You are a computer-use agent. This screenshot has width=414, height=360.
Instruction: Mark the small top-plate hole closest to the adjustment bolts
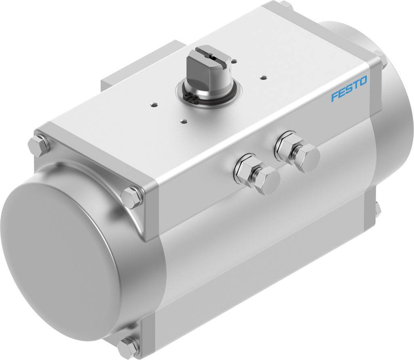[184, 121]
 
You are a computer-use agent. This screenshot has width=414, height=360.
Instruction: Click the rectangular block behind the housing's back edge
[137, 65]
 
